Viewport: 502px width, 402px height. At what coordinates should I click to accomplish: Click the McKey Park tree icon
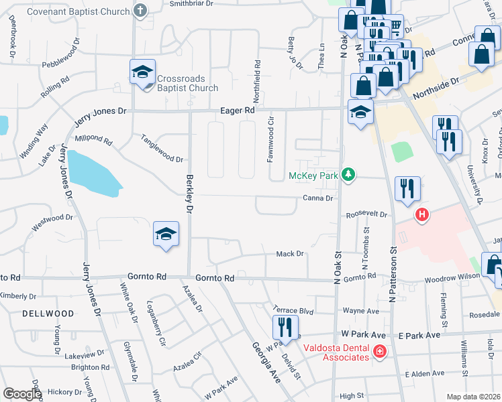pos(348,175)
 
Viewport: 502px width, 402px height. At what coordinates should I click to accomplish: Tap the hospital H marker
pos(422,215)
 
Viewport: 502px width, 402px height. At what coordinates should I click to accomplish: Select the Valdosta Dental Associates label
pos(336,352)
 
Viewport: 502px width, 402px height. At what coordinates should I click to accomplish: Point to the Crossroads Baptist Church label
pos(187,83)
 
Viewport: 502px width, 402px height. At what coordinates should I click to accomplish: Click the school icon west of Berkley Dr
pos(166,234)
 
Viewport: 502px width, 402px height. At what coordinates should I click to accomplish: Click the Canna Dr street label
pos(317,198)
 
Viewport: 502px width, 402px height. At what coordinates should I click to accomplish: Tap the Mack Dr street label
pos(291,254)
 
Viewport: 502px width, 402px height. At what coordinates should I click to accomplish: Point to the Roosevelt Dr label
pos(367,215)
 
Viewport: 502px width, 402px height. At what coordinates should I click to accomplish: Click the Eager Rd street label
pos(239,111)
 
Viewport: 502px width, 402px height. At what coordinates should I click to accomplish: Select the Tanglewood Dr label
pos(162,149)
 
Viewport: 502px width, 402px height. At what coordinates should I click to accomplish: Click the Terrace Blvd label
pos(294,310)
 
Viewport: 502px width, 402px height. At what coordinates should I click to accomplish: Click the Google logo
pos(22,394)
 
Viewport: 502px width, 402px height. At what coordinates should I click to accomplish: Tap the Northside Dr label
pos(436,84)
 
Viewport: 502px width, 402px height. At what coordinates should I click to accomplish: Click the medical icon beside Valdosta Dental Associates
pos(379,351)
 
